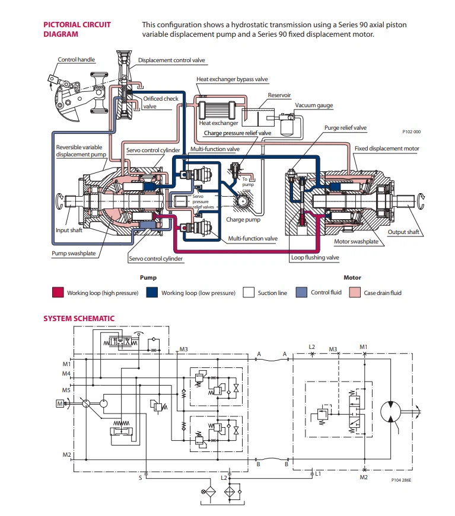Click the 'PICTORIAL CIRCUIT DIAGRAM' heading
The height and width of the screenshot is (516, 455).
tap(77, 29)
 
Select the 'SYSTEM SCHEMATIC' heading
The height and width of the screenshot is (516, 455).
tap(79, 319)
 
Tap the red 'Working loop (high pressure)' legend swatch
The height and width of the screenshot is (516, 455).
tap(58, 293)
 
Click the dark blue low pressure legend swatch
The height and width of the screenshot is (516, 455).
tap(152, 293)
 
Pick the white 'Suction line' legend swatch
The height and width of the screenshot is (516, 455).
tap(249, 293)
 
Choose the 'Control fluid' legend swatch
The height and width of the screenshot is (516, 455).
tap(301, 293)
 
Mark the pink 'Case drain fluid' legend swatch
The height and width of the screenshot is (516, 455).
tap(355, 293)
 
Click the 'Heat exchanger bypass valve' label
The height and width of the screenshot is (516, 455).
tap(232, 79)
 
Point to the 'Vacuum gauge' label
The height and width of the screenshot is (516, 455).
tap(314, 105)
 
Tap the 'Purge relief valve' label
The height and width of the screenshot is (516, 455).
tap(345, 128)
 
